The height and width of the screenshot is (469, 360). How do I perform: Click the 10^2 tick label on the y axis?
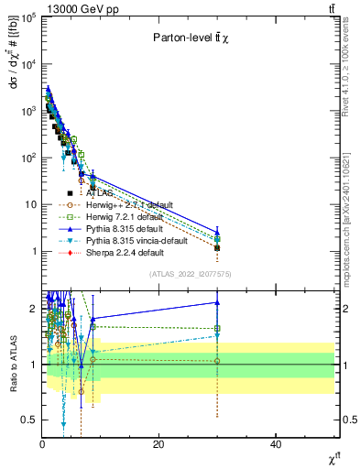[x=27, y=158]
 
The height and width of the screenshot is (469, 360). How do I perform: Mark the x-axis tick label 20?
[x=159, y=444]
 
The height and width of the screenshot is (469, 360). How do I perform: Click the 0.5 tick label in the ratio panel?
[x=27, y=420]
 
